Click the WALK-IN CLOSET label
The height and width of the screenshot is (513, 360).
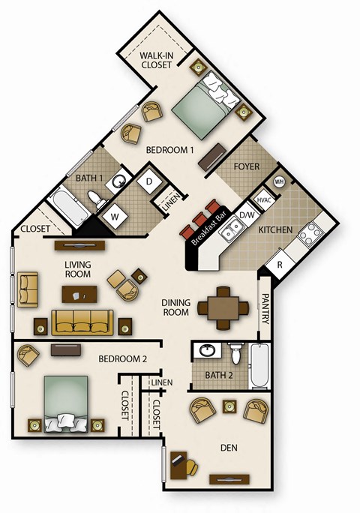click(159, 59)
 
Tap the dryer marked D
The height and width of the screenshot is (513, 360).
click(149, 182)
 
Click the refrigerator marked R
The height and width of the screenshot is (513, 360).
click(280, 265)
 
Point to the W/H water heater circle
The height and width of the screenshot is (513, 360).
click(279, 181)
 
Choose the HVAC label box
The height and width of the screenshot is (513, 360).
click(263, 200)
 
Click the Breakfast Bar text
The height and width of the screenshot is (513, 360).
click(204, 228)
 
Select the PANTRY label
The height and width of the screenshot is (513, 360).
click(265, 308)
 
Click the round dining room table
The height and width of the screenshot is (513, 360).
click(223, 307)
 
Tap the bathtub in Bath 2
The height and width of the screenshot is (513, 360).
click(259, 365)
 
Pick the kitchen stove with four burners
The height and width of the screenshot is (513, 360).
click(309, 234)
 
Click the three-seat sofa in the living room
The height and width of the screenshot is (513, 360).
click(83, 322)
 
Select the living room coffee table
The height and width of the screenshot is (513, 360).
click(79, 293)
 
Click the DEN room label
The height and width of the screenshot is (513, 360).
click(229, 448)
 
